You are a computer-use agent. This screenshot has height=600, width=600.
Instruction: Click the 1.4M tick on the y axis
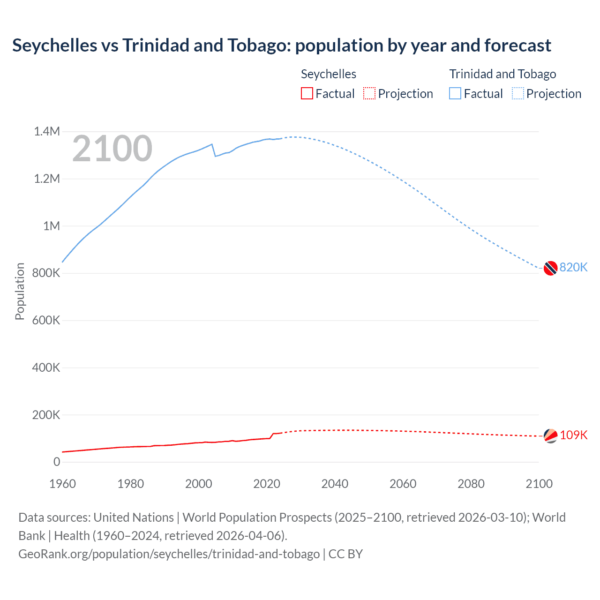click(47, 132)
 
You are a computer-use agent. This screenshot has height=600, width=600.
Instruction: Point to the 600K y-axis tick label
click(46, 321)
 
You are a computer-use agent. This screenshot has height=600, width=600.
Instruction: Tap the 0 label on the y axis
click(57, 462)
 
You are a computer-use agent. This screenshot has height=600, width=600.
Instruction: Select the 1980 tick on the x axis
click(131, 484)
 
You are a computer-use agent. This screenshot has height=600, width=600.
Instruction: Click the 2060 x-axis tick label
click(403, 484)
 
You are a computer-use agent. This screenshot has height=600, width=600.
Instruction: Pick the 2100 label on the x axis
click(539, 484)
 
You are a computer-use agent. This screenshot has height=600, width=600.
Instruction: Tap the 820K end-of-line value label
click(573, 268)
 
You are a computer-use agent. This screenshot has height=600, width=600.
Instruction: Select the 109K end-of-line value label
click(573, 435)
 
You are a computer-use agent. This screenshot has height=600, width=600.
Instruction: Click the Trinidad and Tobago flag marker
click(550, 268)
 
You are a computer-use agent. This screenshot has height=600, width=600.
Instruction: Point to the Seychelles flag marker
click(550, 436)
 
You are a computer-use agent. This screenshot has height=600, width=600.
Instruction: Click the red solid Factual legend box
click(307, 94)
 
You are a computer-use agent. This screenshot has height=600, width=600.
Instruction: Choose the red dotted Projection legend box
click(369, 94)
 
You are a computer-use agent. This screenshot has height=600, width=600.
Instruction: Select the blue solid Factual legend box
click(455, 94)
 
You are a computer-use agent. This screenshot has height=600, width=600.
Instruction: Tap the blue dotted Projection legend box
click(518, 94)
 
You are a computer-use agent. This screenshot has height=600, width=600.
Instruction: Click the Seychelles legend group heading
click(328, 74)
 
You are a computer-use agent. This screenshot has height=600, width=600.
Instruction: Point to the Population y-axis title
click(20, 291)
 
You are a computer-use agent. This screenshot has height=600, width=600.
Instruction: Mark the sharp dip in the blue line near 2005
click(215, 156)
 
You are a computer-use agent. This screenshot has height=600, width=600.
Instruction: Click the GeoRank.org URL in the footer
click(169, 554)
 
